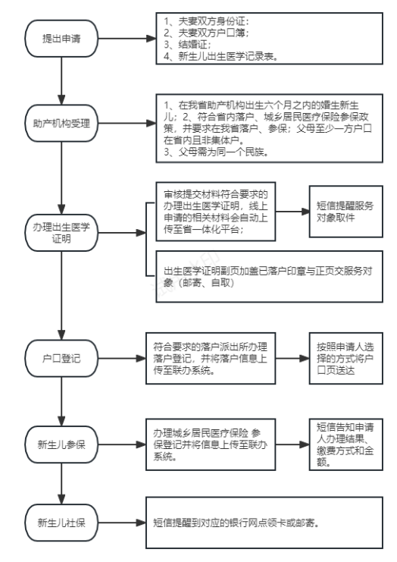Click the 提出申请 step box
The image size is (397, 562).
coord(61,39)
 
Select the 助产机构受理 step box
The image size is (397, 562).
coord(61,124)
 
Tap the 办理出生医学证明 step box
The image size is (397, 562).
coord(61,233)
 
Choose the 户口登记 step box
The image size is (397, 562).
coord(61,358)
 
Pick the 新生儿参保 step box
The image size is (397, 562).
coord(61,444)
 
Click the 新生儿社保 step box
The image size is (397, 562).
coord(61,523)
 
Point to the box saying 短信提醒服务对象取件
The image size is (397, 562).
coord(345,212)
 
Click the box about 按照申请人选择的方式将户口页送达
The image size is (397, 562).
coord(345,358)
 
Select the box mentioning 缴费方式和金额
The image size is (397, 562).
coord(345,444)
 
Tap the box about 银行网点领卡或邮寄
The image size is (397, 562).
coord(264,523)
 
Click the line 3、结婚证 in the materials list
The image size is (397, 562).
coord(188,45)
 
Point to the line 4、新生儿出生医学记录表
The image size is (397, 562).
coord(221,56)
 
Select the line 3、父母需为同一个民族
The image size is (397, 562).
coord(217,152)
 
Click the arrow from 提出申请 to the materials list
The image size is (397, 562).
coord(127,39)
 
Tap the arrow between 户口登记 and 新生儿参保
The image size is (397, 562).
coord(61,401)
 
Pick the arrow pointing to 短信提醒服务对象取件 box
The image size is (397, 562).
coord(292,212)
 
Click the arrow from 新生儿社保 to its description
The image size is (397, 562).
coord(122,523)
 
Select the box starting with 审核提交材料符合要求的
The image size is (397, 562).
coord(215,212)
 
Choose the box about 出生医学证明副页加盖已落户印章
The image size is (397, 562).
coord(269,276)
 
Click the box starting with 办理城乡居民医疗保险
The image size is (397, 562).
coord(211,444)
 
